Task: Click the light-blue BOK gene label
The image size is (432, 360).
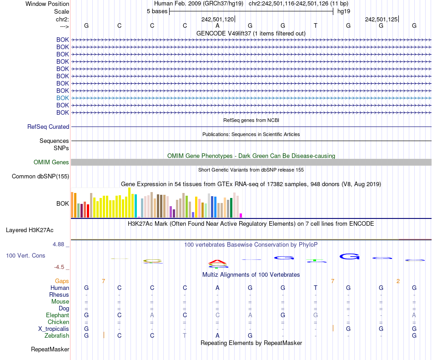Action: tap(62, 98)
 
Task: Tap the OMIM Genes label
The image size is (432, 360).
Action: tap(51, 162)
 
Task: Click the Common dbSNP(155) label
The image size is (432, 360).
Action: tap(40, 177)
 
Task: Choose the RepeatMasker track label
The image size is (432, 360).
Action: tap(50, 350)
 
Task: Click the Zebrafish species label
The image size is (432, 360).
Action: tap(57, 335)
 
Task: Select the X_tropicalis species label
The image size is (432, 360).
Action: tap(54, 329)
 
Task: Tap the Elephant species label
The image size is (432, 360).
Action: tap(57, 315)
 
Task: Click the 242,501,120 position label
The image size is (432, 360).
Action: tap(217, 20)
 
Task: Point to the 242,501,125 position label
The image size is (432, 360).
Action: tap(381, 20)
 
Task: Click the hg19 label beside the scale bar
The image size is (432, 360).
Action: tap(344, 11)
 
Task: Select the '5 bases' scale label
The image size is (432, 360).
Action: tap(157, 11)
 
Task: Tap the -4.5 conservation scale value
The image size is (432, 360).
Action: tap(60, 267)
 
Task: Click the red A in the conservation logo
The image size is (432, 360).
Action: tap(217, 262)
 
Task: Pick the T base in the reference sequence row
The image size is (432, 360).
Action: tap(316, 25)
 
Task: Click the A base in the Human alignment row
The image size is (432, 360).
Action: tap(217, 288)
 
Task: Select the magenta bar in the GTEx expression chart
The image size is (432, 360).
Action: tap(241, 215)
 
